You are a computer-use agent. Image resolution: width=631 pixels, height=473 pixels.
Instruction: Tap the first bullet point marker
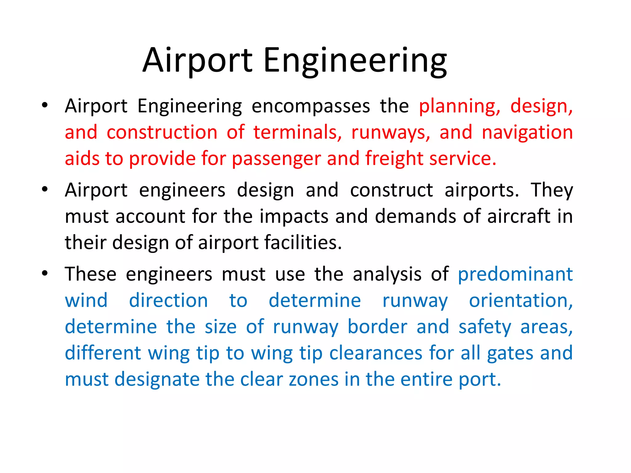click(45, 105)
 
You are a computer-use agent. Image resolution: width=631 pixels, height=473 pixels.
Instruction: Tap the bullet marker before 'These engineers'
click(45, 273)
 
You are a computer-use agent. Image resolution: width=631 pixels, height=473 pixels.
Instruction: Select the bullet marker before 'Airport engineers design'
click(45, 189)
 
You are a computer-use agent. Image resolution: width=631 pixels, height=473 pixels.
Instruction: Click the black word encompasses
click(311, 106)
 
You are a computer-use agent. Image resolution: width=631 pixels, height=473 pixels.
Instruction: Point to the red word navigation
click(527, 132)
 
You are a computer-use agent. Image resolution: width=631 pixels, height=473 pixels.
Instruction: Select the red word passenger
click(276, 159)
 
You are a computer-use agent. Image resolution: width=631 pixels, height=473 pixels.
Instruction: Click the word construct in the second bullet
click(391, 190)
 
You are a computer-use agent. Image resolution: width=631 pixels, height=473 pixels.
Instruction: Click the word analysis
click(387, 274)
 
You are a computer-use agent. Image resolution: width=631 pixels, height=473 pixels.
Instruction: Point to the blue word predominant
click(515, 274)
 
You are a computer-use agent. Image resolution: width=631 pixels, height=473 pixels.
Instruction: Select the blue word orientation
click(521, 301)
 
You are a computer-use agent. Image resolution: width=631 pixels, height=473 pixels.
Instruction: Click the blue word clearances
click(376, 353)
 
